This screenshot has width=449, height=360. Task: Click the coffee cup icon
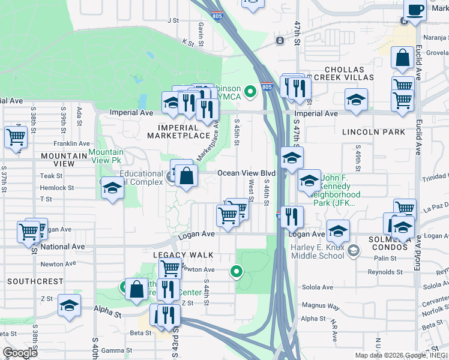(x=415, y=10)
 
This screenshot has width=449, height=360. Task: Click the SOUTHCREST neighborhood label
(x=35, y=281)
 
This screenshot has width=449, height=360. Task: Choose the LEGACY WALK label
(x=175, y=254)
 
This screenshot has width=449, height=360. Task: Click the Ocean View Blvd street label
(x=246, y=173)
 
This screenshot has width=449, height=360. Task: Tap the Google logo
(x=20, y=353)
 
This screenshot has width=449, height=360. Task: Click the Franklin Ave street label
(x=71, y=143)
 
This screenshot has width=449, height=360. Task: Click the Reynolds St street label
(x=385, y=272)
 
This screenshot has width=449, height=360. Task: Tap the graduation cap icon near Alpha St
(x=70, y=306)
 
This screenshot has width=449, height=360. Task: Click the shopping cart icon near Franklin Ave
(x=15, y=137)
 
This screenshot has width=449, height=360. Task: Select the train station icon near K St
(x=280, y=40)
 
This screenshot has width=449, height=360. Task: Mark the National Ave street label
(x=63, y=247)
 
